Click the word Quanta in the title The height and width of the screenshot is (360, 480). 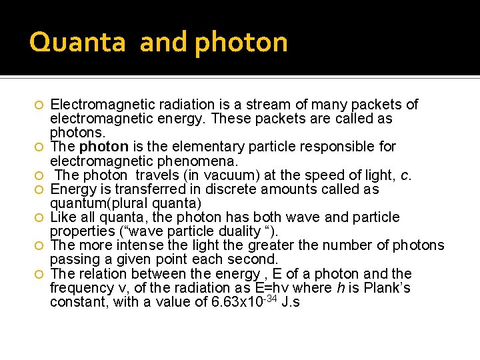pos(77,43)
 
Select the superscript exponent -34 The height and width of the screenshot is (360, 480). pos(269,299)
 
